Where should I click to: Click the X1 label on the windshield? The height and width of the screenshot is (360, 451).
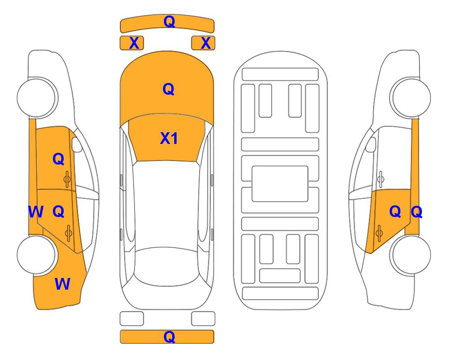click(x=169, y=138)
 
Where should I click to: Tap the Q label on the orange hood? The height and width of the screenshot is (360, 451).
click(x=169, y=89)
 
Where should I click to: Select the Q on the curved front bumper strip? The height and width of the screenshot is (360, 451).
click(x=170, y=21)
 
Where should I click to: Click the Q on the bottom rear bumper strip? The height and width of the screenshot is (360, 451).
click(x=170, y=337)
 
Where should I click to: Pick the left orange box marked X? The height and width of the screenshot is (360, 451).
click(x=132, y=43)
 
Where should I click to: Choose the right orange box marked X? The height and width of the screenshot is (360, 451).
click(x=203, y=43)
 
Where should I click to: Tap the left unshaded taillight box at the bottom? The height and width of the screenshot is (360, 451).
click(x=132, y=319)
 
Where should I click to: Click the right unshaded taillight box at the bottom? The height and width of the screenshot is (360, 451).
click(x=203, y=319)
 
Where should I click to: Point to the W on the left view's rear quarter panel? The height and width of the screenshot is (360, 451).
click(x=62, y=284)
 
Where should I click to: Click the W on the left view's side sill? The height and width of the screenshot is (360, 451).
click(x=36, y=212)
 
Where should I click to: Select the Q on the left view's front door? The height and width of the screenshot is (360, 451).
click(x=59, y=159)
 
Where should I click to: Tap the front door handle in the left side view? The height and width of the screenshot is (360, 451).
click(x=67, y=180)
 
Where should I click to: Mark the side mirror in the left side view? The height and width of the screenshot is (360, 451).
click(x=76, y=144)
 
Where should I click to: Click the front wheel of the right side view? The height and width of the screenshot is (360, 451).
click(x=410, y=97)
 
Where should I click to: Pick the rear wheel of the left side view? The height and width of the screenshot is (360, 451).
click(x=37, y=255)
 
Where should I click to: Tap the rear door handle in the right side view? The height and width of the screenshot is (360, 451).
click(x=379, y=233)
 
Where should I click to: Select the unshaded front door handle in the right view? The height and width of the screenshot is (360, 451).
click(x=381, y=179)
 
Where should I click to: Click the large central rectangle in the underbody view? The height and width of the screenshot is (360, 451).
click(x=280, y=184)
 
